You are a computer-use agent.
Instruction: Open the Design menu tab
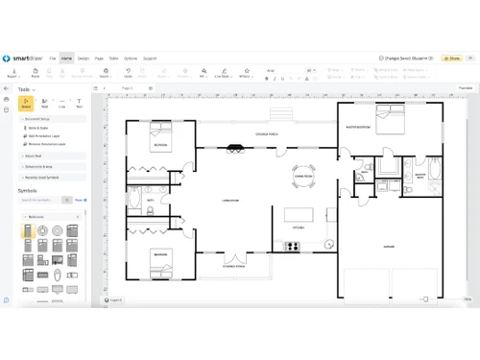tap(84, 58)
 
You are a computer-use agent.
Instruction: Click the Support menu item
tap(150, 58)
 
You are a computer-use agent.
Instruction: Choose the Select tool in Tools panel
tap(27, 103)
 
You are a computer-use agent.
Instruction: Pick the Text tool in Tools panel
tap(79, 103)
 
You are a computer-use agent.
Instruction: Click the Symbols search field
tap(40, 200)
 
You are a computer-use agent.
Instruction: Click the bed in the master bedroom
tap(390, 120)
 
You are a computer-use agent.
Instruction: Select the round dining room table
tap(303, 176)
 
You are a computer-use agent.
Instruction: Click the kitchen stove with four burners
tap(291, 246)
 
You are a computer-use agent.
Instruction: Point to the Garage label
tap(389, 247)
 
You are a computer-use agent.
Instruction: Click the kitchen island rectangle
tap(300, 213)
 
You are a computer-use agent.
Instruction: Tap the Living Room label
tap(230, 201)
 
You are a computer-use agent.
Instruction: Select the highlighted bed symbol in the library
tap(28, 230)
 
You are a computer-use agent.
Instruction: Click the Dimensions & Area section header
tap(38, 166)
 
